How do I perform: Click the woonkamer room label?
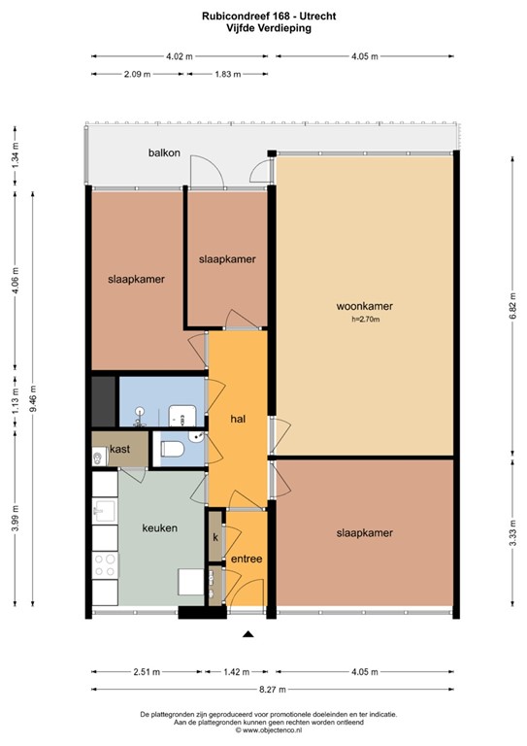(364, 306)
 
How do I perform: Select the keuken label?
(159, 528)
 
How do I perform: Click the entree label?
(246, 559)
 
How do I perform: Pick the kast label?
(120, 449)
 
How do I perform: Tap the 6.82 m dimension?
(511, 303)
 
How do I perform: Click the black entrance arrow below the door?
(247, 635)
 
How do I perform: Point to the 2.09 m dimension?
(137, 75)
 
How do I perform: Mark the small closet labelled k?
(214, 537)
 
